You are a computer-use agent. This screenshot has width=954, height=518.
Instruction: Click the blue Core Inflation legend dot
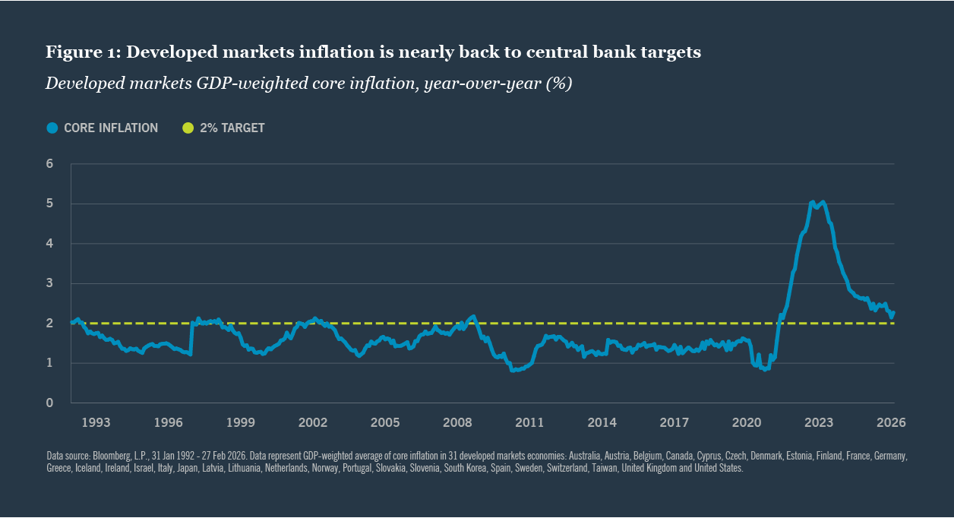(52, 128)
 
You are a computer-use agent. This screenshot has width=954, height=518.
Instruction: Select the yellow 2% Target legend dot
(188, 128)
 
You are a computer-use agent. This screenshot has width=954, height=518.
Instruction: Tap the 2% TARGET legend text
(232, 128)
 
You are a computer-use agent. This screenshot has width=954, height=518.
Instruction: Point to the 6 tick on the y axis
(50, 164)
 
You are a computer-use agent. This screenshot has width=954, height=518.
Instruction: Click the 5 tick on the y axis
(50, 204)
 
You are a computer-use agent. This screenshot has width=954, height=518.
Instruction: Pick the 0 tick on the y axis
(50, 403)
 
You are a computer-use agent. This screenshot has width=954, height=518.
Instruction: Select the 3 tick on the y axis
(50, 283)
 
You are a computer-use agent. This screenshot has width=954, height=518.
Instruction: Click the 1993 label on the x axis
(96, 422)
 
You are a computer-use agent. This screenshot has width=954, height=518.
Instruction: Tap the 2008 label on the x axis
(457, 422)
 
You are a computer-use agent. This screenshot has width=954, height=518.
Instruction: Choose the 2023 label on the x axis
(819, 422)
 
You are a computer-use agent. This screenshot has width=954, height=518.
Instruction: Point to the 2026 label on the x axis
(891, 422)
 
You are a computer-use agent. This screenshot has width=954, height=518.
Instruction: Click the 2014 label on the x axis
(602, 422)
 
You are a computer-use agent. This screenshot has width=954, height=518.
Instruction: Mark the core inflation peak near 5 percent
(813, 202)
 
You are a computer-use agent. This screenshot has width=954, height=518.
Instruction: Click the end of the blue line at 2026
(893, 312)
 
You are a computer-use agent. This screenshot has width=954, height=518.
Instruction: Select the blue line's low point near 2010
(513, 370)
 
